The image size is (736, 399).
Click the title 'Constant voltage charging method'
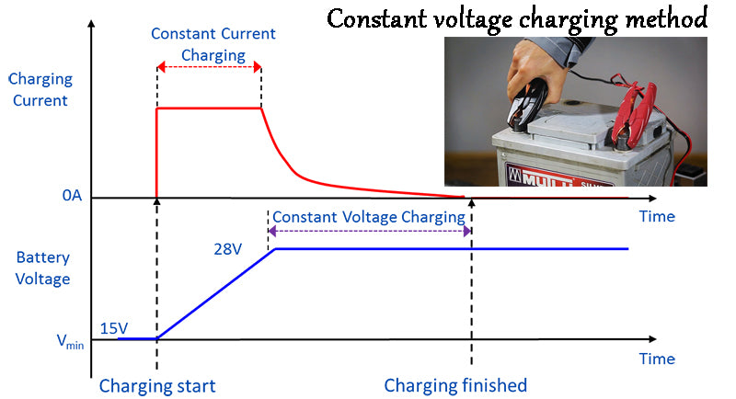[x=517, y=17]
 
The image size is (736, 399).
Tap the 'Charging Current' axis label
[x=40, y=90]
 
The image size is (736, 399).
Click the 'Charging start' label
[x=156, y=385]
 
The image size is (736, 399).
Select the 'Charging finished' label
[x=455, y=385]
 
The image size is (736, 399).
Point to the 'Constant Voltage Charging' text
[x=369, y=217]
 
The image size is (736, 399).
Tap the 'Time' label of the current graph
[x=657, y=217]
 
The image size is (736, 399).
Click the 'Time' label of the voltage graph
[x=657, y=359]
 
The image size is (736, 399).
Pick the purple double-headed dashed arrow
[x=369, y=232]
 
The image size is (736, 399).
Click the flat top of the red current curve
[x=209, y=108]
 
